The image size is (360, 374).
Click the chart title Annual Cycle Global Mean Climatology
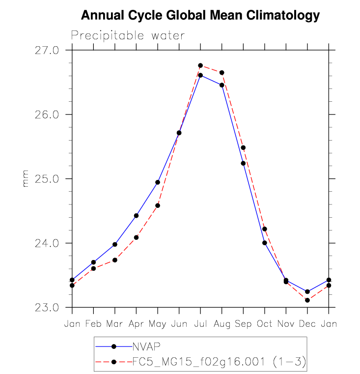200,16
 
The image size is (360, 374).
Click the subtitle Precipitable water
128,35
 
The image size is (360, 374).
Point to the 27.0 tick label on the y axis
48,50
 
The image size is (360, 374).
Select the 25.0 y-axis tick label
48,179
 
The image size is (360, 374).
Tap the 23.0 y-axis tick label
48,308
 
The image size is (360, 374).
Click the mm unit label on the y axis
26,179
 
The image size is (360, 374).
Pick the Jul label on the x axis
200,324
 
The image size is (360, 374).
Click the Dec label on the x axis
307,324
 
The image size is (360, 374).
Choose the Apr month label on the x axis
136,324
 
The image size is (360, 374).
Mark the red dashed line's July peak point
200,65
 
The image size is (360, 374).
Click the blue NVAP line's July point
200,75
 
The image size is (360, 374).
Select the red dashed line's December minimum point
307,300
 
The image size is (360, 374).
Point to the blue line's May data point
158,182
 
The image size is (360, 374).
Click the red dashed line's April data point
136,237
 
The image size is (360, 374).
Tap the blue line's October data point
264,243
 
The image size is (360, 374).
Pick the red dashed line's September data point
243,147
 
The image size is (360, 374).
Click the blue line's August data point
222,85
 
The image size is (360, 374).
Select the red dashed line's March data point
115,260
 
